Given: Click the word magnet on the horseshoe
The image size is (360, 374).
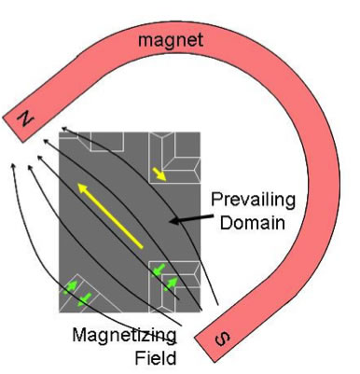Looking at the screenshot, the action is pos(176,40).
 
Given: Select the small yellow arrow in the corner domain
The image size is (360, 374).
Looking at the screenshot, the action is pos(161,174).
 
